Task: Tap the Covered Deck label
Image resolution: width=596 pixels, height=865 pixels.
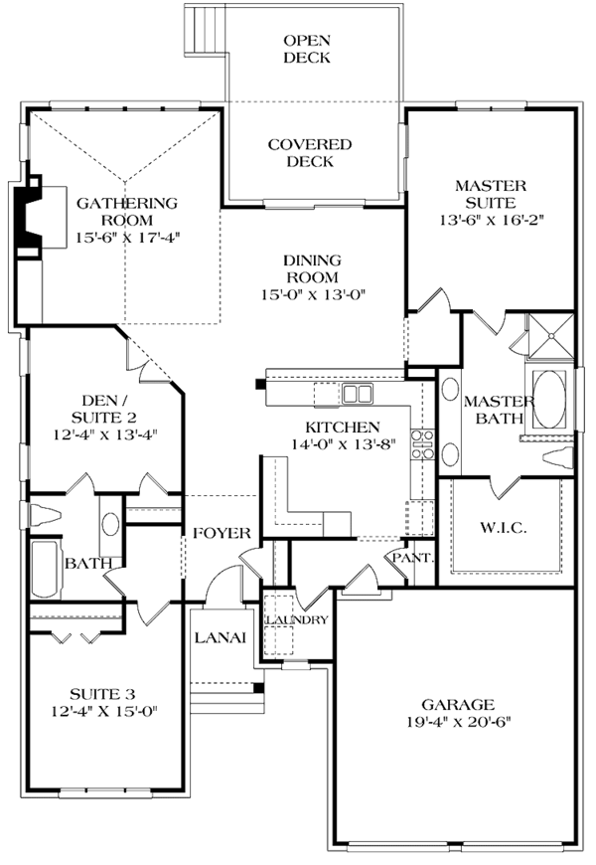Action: click(309, 152)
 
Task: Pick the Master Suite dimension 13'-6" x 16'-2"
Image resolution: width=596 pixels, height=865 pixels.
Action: click(490, 218)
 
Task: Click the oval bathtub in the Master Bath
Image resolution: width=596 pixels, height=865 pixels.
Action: click(548, 395)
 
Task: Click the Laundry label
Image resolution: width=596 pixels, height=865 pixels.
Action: click(295, 619)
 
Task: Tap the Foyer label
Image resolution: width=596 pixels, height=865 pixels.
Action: click(221, 533)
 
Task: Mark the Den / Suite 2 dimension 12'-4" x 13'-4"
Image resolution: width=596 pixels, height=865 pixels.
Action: click(103, 434)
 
